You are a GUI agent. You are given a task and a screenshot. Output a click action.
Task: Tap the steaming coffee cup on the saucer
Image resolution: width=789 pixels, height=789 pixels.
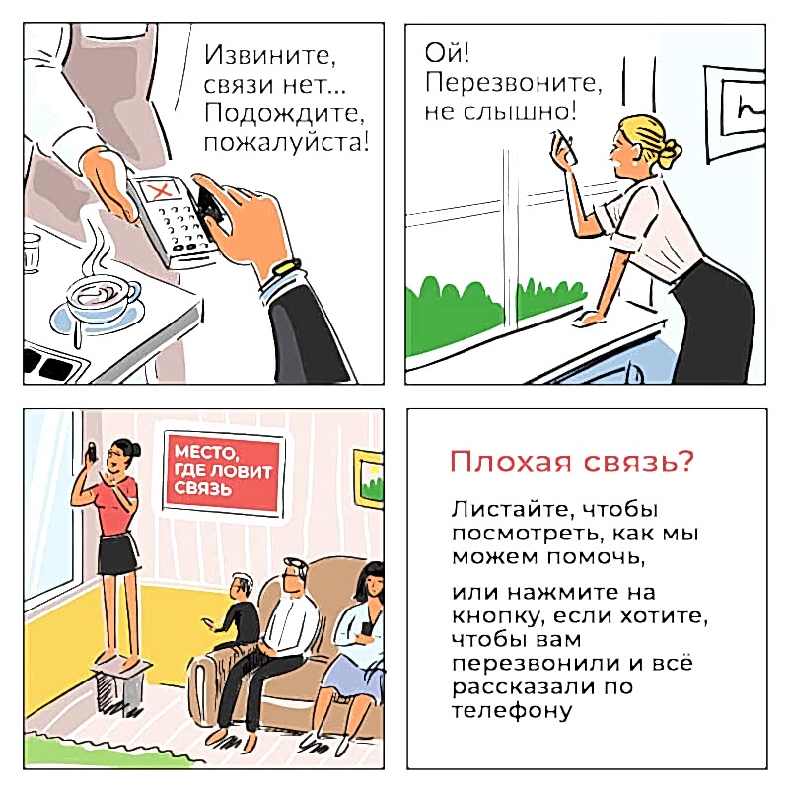(103, 299)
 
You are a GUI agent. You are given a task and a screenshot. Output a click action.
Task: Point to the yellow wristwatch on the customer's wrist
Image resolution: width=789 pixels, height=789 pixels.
(286, 266)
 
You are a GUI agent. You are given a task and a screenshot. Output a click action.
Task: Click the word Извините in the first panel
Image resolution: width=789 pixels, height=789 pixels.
(270, 55)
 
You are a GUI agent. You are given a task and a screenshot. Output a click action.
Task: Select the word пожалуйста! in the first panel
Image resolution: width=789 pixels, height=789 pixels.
(287, 143)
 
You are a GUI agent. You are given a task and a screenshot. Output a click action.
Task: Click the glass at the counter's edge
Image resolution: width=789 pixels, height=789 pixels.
(32, 253)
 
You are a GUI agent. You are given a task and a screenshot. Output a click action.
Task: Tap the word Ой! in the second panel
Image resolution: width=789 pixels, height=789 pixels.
(447, 53)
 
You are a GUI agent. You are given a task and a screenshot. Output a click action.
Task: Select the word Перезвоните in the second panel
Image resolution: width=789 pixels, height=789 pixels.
(513, 83)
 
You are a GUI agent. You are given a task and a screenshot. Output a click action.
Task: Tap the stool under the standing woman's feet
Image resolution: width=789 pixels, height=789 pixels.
(120, 683)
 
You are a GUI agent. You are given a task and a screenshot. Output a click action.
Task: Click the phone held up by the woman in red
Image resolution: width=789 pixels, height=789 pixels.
(91, 452)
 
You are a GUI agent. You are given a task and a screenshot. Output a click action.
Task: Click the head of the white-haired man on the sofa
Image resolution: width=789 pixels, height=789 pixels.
(294, 576)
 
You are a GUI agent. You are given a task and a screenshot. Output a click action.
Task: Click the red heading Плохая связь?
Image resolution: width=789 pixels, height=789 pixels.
(572, 462)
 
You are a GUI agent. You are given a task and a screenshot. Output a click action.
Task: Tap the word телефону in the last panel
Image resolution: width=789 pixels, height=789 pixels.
(512, 711)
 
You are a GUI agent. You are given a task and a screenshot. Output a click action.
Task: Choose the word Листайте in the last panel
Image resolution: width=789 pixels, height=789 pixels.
(512, 509)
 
